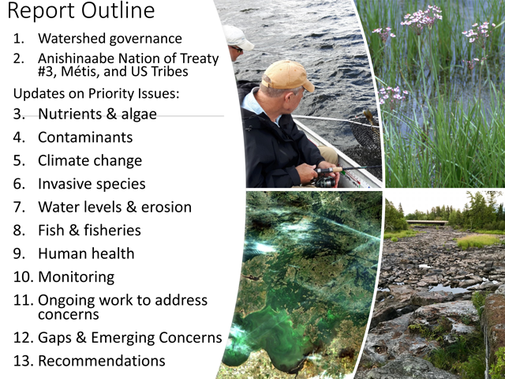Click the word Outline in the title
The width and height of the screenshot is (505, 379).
tap(118, 10)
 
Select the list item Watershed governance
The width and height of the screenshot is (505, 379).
tap(110, 39)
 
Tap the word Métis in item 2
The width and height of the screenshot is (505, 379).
tap(80, 72)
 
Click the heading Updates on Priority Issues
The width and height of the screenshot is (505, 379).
tap(96, 94)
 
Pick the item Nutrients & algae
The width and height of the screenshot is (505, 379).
tap(97, 114)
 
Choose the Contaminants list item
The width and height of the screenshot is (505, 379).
tap(85, 137)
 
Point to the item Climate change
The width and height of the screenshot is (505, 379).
tap(90, 160)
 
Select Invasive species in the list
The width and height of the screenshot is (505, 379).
tap(92, 184)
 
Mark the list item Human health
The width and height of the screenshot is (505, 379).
tap(86, 253)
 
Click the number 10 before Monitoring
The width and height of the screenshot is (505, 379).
tap(23, 277)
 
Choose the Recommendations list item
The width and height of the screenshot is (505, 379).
tap(102, 361)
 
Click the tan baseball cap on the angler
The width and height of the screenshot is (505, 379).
tap(287, 76)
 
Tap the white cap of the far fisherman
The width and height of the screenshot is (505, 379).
tap(238, 37)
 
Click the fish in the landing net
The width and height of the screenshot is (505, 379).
tap(369, 118)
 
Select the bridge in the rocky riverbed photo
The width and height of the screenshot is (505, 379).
tap(427, 222)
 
